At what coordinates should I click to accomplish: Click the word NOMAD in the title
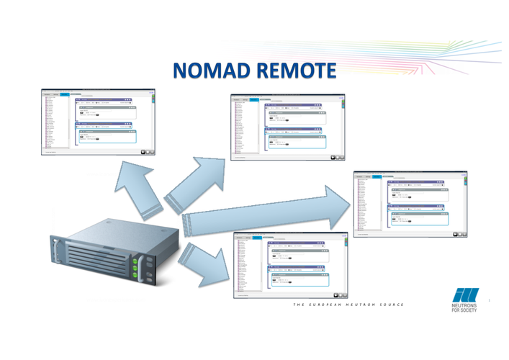click(209, 71)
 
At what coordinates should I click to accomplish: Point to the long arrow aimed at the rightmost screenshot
click(266, 212)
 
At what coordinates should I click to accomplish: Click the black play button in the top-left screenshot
click(143, 151)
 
